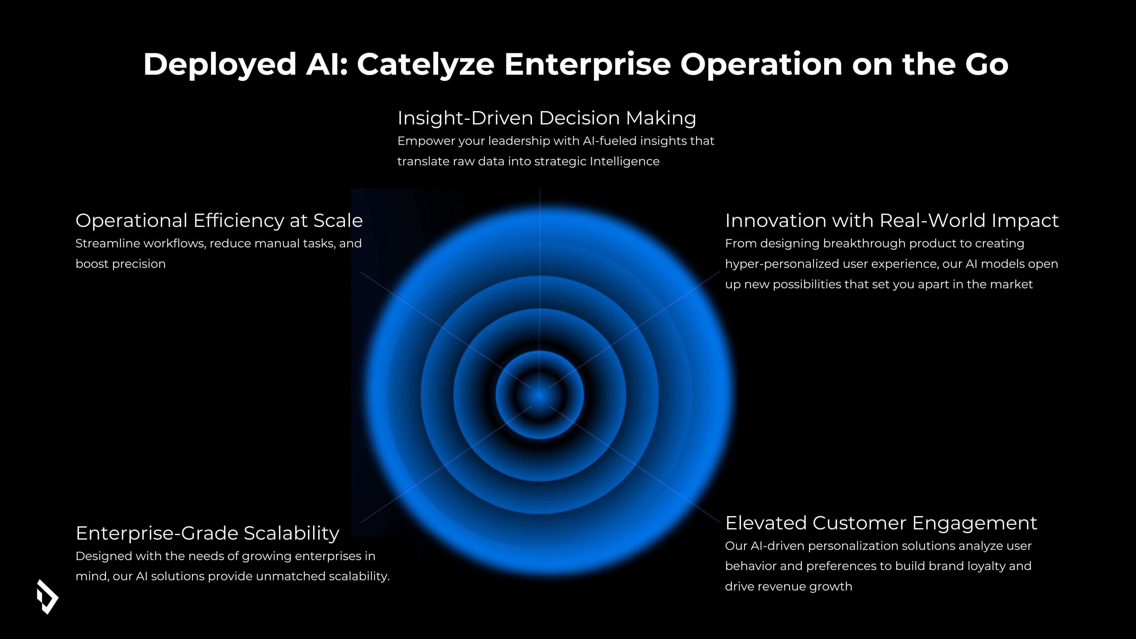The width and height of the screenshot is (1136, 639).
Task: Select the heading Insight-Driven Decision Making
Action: click(547, 118)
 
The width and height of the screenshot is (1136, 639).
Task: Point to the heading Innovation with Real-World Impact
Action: click(892, 220)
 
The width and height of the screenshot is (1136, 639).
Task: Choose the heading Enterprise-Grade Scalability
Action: click(207, 533)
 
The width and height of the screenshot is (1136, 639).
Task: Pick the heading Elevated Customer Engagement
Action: click(881, 523)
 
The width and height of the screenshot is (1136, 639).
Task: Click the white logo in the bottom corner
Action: click(47, 597)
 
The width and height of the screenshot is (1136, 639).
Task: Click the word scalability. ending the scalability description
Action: click(359, 576)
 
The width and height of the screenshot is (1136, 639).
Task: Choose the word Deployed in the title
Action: click(220, 64)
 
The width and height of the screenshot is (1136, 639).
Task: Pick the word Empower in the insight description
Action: click(426, 141)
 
